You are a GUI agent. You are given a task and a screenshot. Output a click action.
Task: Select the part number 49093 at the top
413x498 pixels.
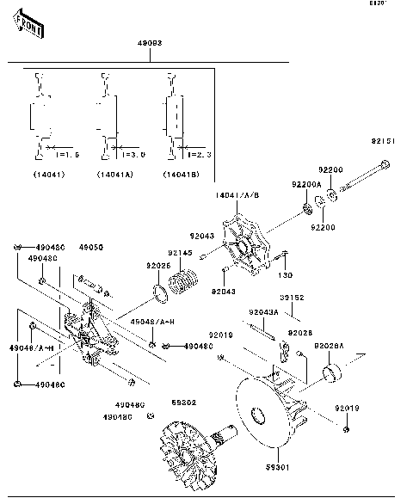click(151, 42)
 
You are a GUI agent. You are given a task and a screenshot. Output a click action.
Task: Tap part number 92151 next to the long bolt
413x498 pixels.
click(383, 141)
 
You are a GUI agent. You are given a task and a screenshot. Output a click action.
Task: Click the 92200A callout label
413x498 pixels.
click(305, 184)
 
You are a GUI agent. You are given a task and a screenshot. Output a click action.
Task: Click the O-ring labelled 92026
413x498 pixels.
click(158, 295)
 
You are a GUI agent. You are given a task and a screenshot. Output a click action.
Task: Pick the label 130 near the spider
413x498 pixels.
click(285, 276)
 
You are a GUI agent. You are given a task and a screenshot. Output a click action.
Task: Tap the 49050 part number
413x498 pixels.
click(91, 247)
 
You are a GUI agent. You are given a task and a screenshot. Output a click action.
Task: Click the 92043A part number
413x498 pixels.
click(263, 312)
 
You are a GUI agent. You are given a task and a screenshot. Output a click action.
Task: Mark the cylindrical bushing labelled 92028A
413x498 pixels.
click(331, 372)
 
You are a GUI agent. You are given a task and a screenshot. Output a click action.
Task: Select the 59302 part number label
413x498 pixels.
click(182, 402)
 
